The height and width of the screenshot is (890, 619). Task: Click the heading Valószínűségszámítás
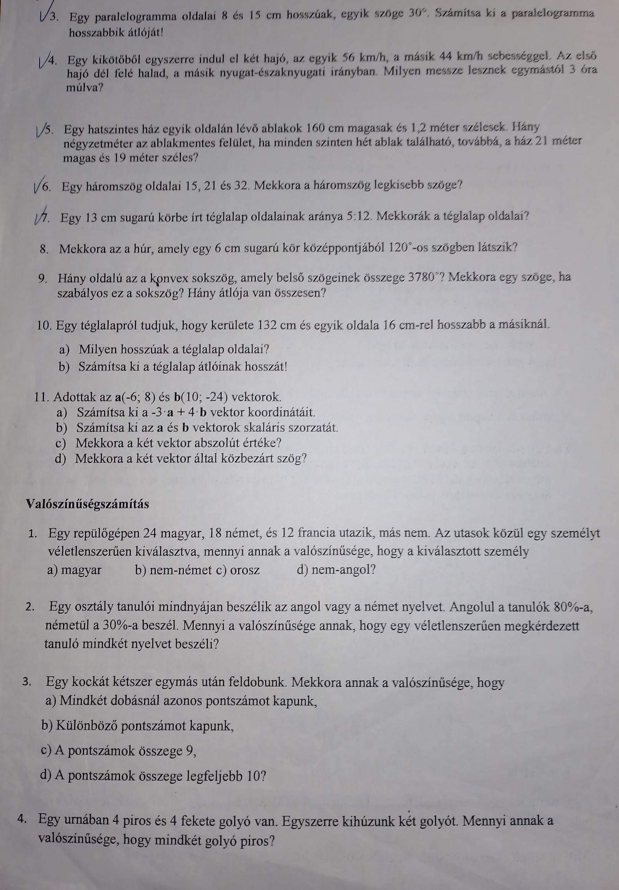click(x=87, y=504)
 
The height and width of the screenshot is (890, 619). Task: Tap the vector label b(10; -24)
click(x=200, y=397)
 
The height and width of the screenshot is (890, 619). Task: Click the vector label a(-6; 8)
click(x=135, y=397)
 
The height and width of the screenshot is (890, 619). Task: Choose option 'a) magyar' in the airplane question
click(x=74, y=570)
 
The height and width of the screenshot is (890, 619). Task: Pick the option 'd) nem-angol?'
click(x=336, y=570)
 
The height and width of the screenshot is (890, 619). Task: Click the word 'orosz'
click(x=245, y=570)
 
